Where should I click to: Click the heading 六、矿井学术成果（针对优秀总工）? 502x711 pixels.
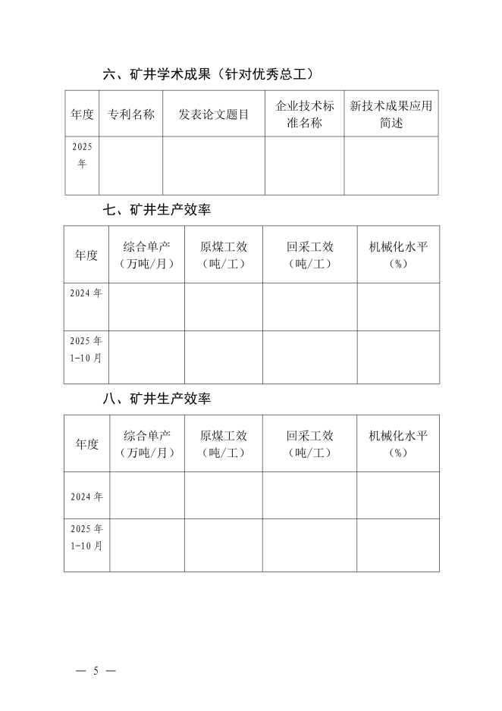pyautogui.click(x=209, y=74)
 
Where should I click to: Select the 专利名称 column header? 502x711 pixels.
pyautogui.click(x=131, y=114)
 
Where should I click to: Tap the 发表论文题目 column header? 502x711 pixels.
pyautogui.click(x=214, y=114)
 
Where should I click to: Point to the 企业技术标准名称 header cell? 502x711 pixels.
pyautogui.click(x=304, y=114)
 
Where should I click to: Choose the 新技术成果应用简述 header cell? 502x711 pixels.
pyautogui.click(x=391, y=114)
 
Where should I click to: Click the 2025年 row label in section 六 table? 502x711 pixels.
pyautogui.click(x=82, y=155)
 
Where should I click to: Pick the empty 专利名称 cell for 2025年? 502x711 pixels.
pyautogui.click(x=131, y=165)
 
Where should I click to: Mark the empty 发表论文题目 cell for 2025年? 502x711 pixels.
pyautogui.click(x=214, y=165)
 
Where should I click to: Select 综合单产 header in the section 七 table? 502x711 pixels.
pyautogui.click(x=147, y=255)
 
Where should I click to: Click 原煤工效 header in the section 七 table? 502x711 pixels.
pyautogui.click(x=224, y=255)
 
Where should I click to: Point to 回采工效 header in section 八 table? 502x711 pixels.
pyautogui.click(x=310, y=444)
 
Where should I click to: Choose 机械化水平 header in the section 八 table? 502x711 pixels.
pyautogui.click(x=398, y=444)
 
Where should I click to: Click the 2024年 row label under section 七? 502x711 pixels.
pyautogui.click(x=86, y=293)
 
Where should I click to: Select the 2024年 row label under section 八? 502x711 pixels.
pyautogui.click(x=86, y=496)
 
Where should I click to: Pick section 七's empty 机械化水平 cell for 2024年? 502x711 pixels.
pyautogui.click(x=398, y=307)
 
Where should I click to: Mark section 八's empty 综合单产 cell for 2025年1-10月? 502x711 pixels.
pyautogui.click(x=147, y=545)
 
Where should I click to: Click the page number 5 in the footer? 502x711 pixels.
pyautogui.click(x=96, y=671)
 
